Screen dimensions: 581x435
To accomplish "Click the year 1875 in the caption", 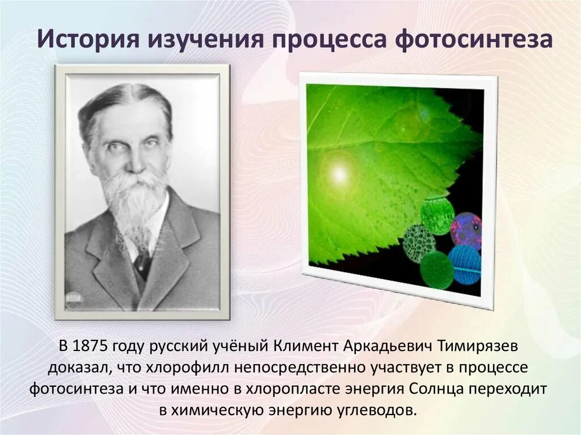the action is pyautogui.click(x=90, y=347).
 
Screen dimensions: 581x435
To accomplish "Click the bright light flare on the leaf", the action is pyautogui.click(x=339, y=175).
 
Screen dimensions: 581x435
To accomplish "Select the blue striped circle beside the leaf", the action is pyautogui.click(x=465, y=264).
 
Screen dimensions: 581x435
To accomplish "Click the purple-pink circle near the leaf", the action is pyautogui.click(x=466, y=229).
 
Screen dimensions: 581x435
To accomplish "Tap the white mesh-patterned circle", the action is pyautogui.click(x=419, y=243).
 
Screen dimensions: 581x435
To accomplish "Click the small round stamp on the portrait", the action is pyautogui.click(x=74, y=300).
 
